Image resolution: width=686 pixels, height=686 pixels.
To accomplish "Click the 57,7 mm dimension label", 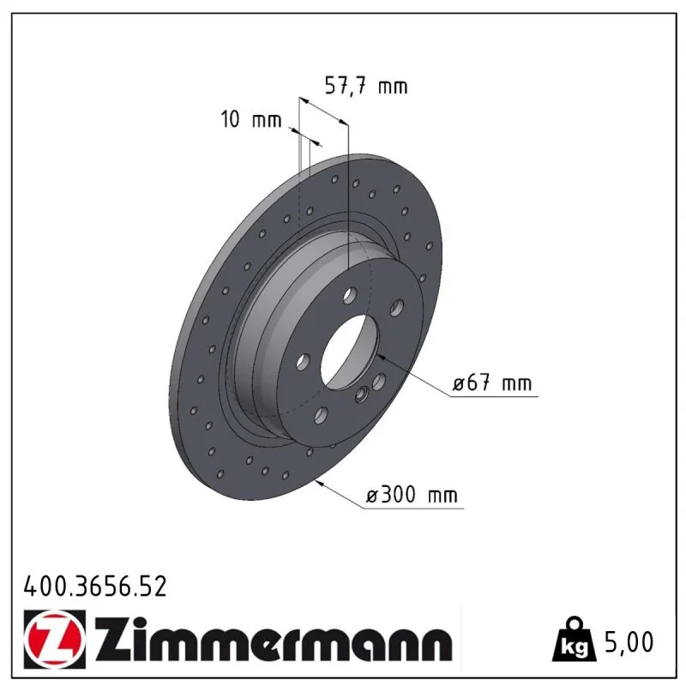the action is pyautogui.click(x=366, y=86).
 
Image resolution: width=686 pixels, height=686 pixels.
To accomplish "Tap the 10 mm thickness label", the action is pyautogui.click(x=250, y=119).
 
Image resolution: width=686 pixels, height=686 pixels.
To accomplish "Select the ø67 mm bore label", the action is pyautogui.click(x=492, y=383).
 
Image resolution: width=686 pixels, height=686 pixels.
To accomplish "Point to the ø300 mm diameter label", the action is pyautogui.click(x=412, y=496).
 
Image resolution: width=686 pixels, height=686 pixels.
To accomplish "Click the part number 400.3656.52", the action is pyautogui.click(x=95, y=587).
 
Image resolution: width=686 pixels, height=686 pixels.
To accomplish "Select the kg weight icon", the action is pyautogui.click(x=574, y=639).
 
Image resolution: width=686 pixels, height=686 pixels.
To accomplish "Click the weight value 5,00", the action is pyautogui.click(x=629, y=641).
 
